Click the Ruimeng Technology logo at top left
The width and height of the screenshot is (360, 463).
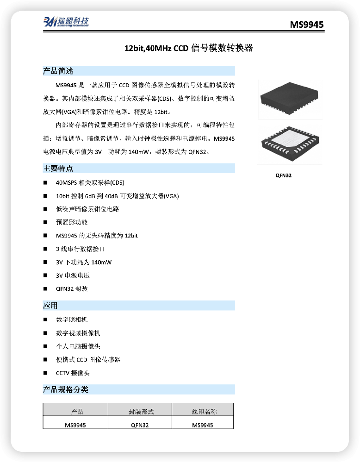(66, 22)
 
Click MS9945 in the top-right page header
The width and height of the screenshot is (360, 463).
(307, 25)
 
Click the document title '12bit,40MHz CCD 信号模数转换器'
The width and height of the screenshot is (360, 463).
(188, 48)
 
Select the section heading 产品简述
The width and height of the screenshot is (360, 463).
(58, 71)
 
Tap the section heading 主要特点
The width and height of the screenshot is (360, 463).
(58, 169)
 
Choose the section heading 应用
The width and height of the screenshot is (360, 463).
(50, 305)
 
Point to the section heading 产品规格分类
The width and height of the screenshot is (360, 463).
(66, 389)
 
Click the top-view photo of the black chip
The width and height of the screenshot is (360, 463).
(290, 99)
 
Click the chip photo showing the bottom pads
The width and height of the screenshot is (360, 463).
(290, 144)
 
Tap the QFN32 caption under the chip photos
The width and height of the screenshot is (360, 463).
(284, 175)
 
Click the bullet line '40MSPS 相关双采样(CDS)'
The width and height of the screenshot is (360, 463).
(90, 183)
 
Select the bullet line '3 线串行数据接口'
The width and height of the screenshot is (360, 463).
(80, 249)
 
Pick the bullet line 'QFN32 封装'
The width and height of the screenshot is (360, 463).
(72, 289)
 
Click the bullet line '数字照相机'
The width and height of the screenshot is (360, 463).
(72, 319)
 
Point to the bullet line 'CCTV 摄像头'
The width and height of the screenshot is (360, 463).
(73, 373)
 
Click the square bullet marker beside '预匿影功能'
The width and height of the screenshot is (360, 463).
(45, 222)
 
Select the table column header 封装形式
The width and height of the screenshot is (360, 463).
(141, 411)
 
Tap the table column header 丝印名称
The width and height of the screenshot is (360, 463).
(204, 411)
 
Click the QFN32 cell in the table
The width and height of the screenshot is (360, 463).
(140, 425)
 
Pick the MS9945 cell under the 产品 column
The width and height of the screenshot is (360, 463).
(75, 425)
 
